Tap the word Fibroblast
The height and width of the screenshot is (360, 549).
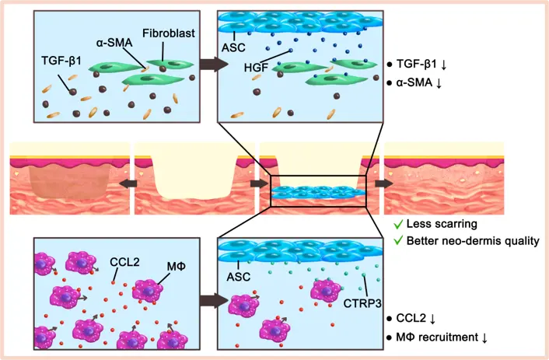tap(169, 33)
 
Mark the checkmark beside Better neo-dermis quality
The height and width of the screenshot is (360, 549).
tap(397, 241)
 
